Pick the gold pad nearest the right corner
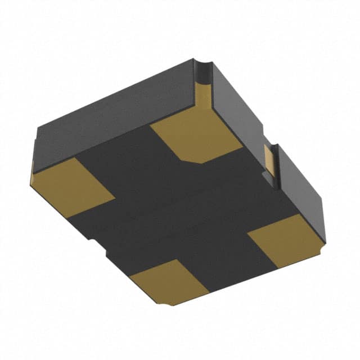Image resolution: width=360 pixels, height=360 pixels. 284,239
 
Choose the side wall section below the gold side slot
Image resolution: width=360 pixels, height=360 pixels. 301,186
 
